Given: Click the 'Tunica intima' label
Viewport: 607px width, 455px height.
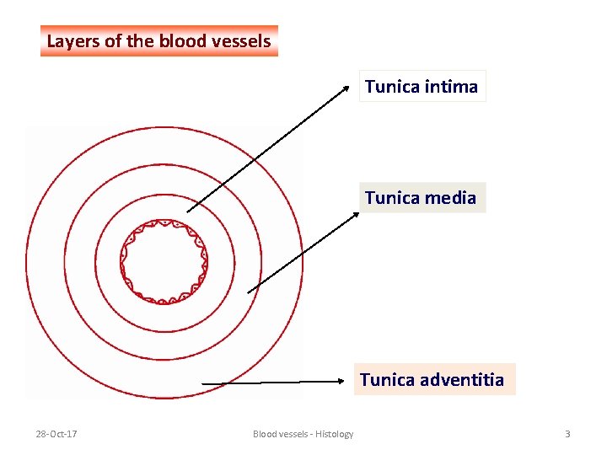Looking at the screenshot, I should click(422, 86).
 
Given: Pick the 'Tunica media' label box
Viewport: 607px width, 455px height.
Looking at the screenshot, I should click(421, 198).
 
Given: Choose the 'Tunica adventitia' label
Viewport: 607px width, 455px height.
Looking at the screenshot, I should click(432, 380).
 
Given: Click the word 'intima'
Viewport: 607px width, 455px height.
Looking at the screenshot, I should click(452, 86).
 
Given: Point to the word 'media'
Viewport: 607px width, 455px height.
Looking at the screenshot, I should click(451, 198).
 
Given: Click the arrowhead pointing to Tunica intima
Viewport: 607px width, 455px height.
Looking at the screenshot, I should click(346, 87).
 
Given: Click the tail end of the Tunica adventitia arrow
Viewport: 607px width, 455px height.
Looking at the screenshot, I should click(202, 383).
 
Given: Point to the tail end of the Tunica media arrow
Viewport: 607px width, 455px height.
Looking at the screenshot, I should click(249, 292).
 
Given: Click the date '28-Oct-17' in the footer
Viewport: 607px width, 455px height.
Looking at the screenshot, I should click(56, 434).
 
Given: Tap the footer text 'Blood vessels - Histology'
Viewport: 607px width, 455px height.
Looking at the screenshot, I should click(303, 434).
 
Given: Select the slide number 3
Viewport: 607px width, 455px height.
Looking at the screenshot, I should click(567, 434).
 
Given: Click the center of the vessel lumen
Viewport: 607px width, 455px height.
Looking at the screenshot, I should click(164, 261).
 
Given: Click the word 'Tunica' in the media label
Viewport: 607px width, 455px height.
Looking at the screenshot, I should click(392, 198).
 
